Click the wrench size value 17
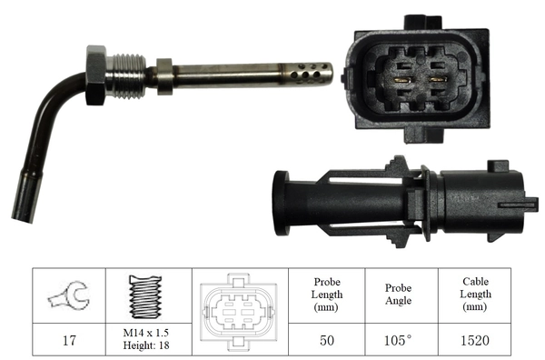[68, 342]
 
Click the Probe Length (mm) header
[326, 295]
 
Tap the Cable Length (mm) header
[473, 295]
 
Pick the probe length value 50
[326, 342]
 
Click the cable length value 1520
[473, 342]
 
